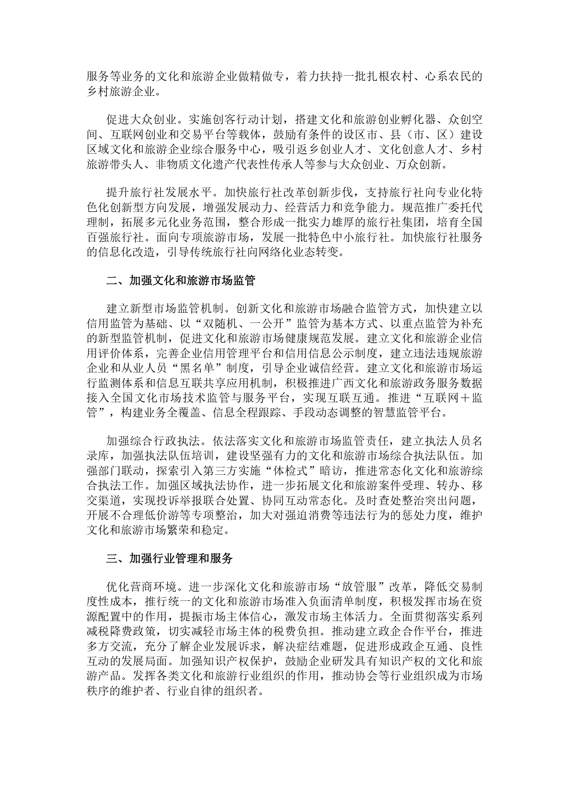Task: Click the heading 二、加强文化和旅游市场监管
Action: tap(181, 281)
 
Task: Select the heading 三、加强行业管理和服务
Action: tap(170, 559)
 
